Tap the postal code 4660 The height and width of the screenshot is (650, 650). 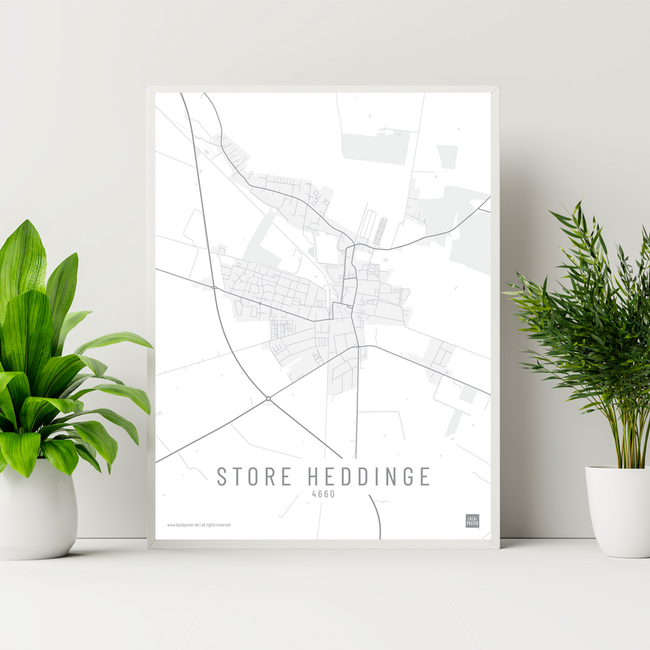point(323,493)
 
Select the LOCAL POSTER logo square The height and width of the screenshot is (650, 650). point(473,521)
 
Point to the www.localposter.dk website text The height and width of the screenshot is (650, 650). point(183,525)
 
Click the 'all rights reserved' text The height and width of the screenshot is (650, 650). point(216,525)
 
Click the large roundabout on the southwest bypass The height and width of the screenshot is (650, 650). point(268,398)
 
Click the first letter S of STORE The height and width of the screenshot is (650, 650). point(222,476)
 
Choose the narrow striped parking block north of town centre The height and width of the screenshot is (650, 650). point(379,231)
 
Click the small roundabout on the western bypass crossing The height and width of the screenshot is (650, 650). point(213,287)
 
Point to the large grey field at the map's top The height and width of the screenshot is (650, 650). point(376,148)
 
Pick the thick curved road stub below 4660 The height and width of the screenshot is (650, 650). point(376,516)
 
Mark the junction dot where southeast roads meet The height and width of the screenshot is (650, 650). point(358,347)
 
